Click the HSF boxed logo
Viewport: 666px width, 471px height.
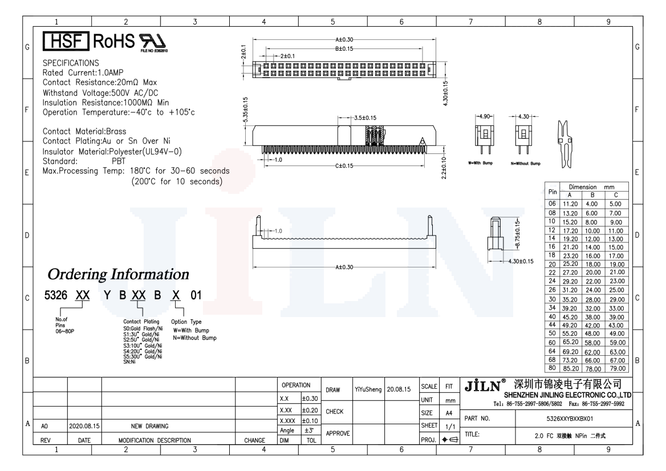click(66, 41)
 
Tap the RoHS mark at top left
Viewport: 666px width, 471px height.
click(114, 41)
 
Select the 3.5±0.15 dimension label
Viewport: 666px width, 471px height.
click(366, 117)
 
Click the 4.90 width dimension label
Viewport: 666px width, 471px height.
click(485, 116)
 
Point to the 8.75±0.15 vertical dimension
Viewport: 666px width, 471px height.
click(517, 234)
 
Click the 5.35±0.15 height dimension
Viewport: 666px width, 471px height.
click(245, 110)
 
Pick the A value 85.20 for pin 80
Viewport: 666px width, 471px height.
click(570, 368)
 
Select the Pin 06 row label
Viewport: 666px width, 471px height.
click(552, 204)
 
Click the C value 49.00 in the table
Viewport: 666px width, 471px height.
click(617, 334)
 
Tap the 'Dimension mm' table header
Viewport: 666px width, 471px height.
click(592, 187)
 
